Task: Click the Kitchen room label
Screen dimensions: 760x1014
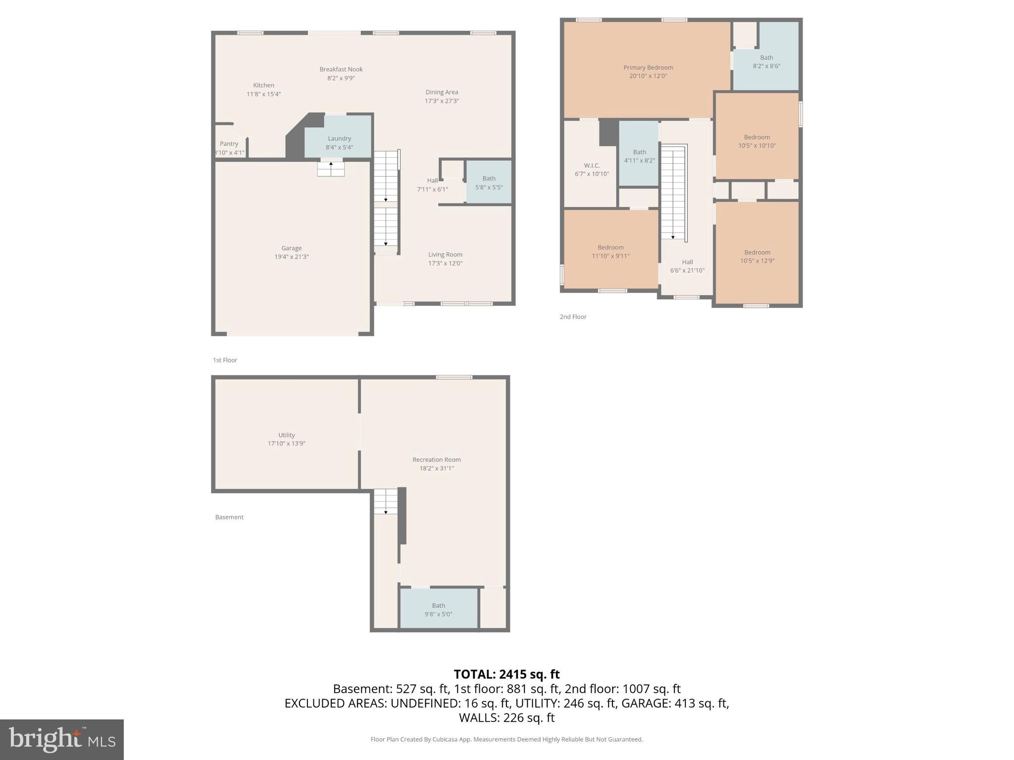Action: point(263,85)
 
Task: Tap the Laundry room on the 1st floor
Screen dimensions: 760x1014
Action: point(339,142)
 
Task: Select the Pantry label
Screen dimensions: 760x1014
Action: point(229,144)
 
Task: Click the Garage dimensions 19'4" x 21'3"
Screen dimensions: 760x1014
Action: point(292,257)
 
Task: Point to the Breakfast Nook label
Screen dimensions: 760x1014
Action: point(341,69)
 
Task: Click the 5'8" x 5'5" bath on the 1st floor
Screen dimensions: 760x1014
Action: point(489,183)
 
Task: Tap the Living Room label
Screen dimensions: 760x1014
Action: point(445,254)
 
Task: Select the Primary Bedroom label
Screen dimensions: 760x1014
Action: point(648,67)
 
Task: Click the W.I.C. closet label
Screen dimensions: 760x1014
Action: point(592,165)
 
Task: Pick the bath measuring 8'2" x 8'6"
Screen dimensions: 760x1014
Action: point(766,62)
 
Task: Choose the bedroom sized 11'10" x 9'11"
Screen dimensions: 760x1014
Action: point(610,251)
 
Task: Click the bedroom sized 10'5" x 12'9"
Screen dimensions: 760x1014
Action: point(757,256)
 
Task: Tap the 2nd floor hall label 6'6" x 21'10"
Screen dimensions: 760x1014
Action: point(687,266)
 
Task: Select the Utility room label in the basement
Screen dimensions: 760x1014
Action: point(286,435)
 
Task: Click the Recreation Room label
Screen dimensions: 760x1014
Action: point(436,460)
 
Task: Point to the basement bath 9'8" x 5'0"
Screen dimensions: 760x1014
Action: point(438,610)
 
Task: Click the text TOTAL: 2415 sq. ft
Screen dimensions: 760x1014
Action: point(507,674)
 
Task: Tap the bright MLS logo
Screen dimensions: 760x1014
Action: point(62,739)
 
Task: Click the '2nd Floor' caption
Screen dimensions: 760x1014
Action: point(573,317)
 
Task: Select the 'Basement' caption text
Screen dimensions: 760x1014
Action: point(229,517)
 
